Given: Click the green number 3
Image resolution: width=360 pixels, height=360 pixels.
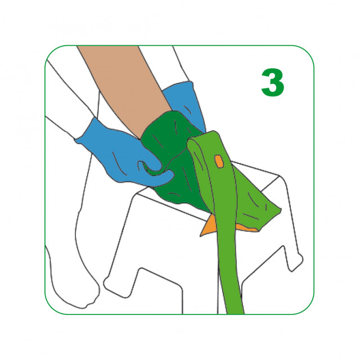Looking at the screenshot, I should (x=273, y=83).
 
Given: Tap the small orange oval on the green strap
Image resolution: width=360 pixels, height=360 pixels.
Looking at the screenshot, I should (x=219, y=162).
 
